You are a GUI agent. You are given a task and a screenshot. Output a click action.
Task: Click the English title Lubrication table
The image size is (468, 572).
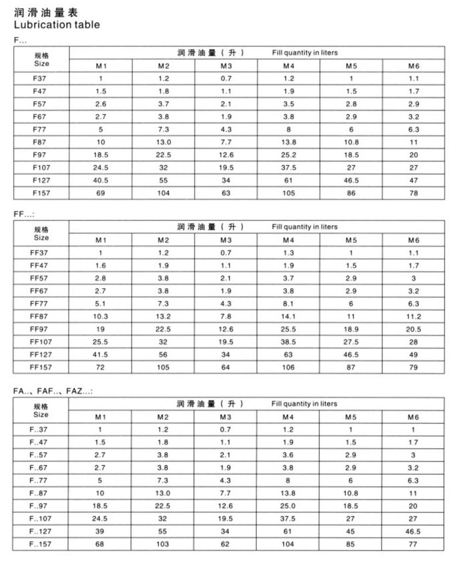tap(57, 25)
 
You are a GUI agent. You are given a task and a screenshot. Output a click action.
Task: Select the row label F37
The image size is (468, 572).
tap(40, 78)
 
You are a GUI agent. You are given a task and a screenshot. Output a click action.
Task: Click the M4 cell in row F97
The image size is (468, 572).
tap(288, 154)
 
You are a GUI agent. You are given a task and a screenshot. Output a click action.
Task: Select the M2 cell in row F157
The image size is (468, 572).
tap(163, 192)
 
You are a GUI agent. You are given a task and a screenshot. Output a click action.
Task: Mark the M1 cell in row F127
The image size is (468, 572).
tap(100, 180)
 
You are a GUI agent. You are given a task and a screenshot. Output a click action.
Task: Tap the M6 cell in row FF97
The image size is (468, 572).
tap(414, 329)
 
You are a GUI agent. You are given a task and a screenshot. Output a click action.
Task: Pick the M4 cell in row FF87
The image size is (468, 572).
tap(288, 316)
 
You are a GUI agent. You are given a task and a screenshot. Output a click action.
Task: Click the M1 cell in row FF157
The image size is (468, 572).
tap(100, 367)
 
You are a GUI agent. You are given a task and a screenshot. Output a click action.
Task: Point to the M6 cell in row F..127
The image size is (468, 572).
tap(414, 532)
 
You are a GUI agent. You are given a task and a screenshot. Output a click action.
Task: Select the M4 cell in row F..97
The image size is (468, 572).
tap(288, 506)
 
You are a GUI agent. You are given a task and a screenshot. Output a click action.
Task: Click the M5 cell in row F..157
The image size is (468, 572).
tap(351, 545)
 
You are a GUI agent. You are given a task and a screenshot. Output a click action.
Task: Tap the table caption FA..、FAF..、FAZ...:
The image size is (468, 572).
tap(53, 391)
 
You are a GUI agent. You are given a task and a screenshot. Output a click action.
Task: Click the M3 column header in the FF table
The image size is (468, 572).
tap(226, 240)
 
